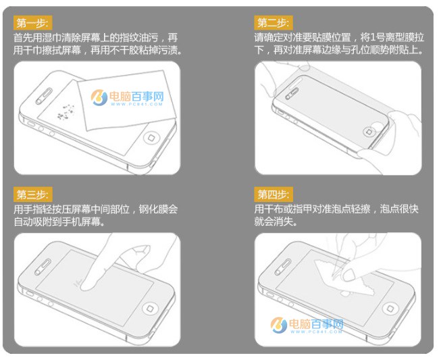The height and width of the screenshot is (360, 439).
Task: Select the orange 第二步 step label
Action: [x=273, y=23]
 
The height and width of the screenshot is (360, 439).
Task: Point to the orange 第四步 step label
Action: [x=273, y=196]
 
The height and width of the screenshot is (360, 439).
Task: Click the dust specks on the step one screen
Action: [x=68, y=111]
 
